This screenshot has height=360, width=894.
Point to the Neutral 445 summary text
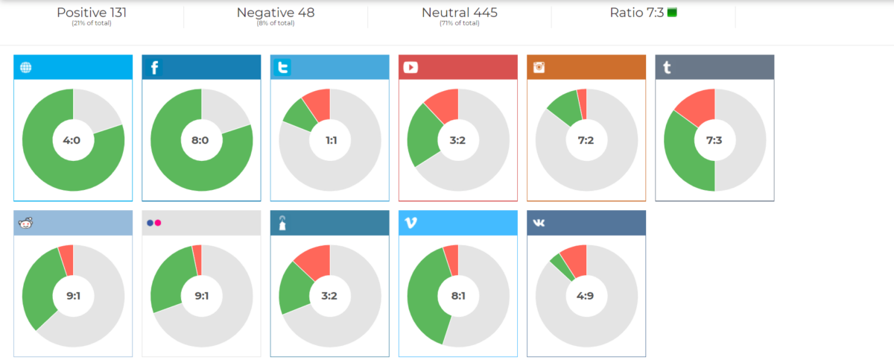click(x=459, y=13)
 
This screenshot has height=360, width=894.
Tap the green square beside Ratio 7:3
click(x=672, y=13)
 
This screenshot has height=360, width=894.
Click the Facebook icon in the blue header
click(x=154, y=68)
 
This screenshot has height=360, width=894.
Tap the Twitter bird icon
click(x=282, y=68)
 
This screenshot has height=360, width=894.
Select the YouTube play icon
click(x=410, y=68)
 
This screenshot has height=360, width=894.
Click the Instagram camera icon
click(x=539, y=68)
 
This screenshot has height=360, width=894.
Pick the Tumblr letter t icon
click(x=667, y=68)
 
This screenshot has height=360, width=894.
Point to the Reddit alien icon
click(x=26, y=223)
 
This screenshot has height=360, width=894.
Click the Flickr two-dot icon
click(x=154, y=223)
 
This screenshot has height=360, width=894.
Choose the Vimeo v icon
click(x=410, y=223)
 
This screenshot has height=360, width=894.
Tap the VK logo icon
click(x=539, y=223)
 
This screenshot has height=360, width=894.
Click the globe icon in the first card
click(x=26, y=68)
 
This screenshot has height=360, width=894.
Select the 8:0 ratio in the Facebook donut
click(x=201, y=140)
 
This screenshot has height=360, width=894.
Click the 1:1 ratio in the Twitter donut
click(x=329, y=140)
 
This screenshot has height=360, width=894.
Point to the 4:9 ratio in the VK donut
click(x=586, y=296)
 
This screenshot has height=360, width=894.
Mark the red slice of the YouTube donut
click(x=443, y=104)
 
